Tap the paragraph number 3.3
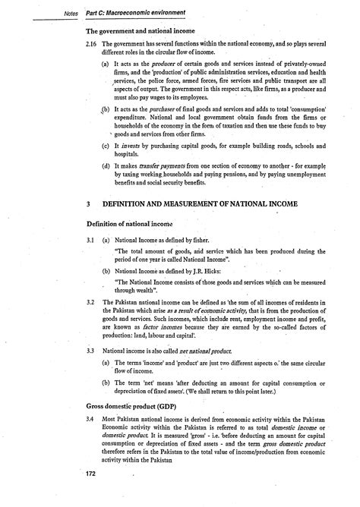pos(91,351)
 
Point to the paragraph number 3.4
pos(91,420)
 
